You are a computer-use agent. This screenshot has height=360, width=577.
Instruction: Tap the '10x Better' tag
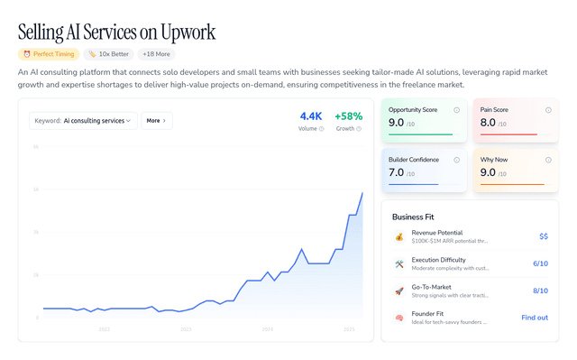(108, 54)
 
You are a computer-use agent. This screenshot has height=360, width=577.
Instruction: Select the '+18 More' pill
(156, 54)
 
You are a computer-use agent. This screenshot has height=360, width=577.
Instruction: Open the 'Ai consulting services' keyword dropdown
(83, 120)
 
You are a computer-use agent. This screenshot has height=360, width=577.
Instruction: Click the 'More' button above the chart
(156, 120)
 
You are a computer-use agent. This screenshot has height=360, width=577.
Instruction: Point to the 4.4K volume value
(311, 116)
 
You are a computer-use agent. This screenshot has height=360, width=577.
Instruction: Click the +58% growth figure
(348, 116)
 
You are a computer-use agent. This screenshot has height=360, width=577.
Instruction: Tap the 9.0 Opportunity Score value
(397, 122)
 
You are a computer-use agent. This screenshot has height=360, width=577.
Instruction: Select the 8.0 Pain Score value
(489, 122)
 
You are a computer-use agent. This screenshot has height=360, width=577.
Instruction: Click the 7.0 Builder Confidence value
(397, 171)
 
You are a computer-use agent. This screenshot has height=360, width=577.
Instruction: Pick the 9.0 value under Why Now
(489, 171)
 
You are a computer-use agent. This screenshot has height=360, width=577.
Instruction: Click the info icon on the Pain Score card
(548, 110)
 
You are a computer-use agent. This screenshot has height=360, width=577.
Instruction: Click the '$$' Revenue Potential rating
(544, 236)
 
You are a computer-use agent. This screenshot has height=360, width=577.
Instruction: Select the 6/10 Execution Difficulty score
(540, 263)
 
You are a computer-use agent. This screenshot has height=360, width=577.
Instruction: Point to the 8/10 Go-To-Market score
(540, 291)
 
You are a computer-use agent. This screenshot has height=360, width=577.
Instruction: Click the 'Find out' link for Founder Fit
(535, 318)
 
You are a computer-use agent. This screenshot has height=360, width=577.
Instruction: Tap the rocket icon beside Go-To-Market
(399, 291)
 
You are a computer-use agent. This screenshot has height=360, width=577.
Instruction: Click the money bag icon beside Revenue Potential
(399, 236)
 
